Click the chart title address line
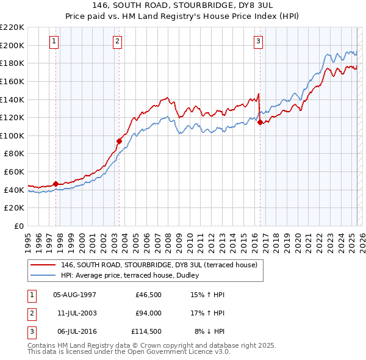(184, 5)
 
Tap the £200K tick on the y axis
(12, 45)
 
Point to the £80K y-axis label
(14, 154)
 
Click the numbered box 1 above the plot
(54, 41)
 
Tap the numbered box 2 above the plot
(117, 41)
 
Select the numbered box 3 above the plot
(258, 41)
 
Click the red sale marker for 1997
(56, 184)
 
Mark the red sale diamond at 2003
(120, 141)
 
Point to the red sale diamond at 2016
(260, 122)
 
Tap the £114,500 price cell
(146, 331)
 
